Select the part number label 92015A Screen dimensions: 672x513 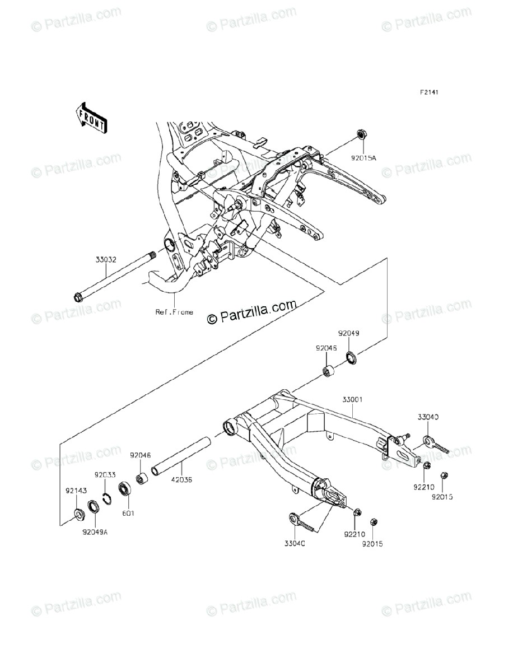click(x=365, y=158)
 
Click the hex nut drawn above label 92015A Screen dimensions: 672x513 click(x=361, y=135)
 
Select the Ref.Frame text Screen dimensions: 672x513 click(x=174, y=312)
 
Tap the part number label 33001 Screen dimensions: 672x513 click(x=353, y=400)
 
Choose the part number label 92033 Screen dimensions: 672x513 click(x=105, y=475)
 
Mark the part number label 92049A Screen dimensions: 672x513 click(x=95, y=531)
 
